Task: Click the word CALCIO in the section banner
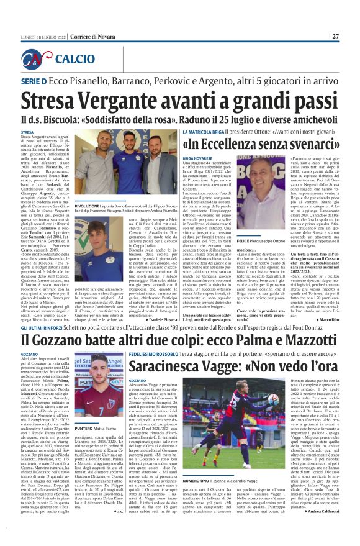[x=74, y=60]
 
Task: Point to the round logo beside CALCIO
[x=45, y=58]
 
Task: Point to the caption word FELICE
[x=245, y=222]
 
